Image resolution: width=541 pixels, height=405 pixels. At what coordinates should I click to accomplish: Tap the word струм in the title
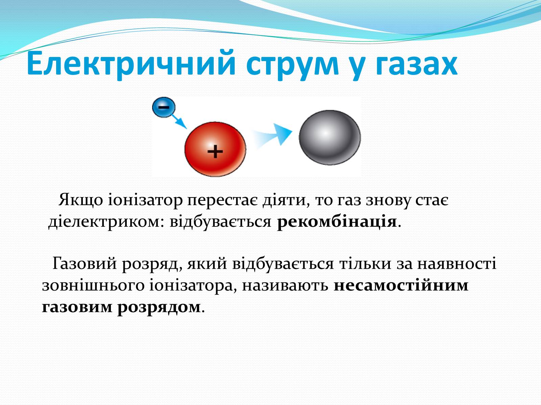[292, 67]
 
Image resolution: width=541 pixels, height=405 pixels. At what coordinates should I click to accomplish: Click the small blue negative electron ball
[164, 107]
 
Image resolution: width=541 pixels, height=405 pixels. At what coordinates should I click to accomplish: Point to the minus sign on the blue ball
[163, 106]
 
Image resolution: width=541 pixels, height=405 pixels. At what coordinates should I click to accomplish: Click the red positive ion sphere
[215, 149]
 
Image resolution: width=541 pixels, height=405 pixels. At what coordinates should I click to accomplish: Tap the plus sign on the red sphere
[215, 151]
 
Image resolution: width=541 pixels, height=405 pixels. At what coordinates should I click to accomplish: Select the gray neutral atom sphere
[330, 137]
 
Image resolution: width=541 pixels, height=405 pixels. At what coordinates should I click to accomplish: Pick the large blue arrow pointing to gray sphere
[272, 135]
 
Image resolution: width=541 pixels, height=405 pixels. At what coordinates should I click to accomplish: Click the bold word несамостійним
[401, 286]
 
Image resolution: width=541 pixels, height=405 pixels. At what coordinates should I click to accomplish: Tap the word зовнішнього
[93, 286]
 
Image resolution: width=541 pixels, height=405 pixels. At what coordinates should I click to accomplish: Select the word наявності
[457, 264]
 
